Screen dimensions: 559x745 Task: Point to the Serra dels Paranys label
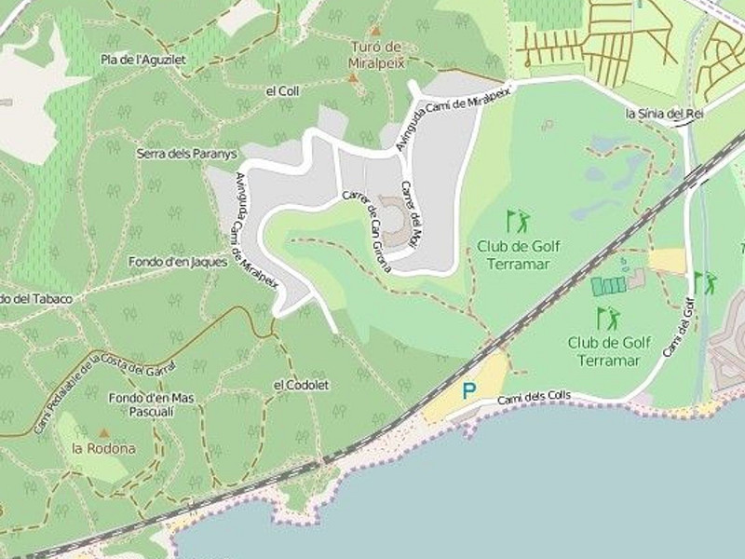187,154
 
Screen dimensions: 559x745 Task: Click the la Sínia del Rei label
663,114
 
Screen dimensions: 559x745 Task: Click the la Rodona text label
103,448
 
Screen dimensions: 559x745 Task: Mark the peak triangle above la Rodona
104,433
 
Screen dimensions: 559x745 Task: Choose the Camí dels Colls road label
534,398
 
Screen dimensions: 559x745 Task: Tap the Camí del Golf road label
680,327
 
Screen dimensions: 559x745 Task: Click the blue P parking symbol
469,391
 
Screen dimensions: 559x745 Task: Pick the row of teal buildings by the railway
609,286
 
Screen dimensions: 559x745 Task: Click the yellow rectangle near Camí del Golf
667,261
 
